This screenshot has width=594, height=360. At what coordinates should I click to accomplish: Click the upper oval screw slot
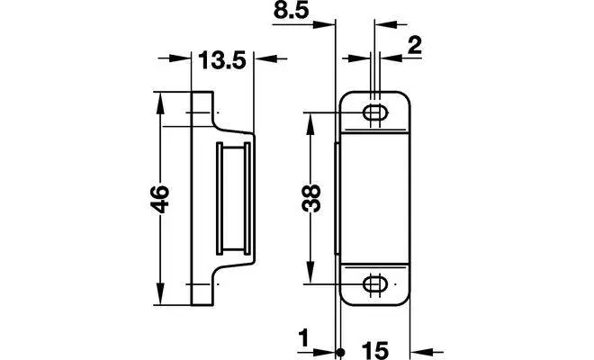tap(373, 112)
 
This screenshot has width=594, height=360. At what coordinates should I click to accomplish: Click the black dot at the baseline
tap(339, 352)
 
